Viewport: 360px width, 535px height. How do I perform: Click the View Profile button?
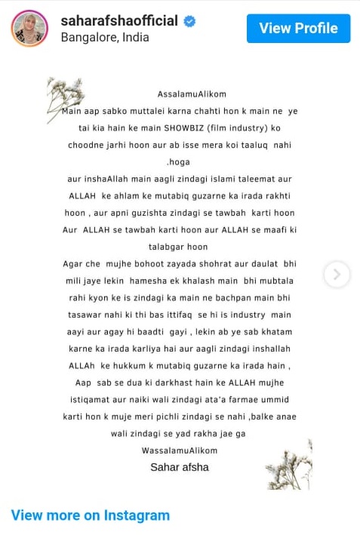pos(298,29)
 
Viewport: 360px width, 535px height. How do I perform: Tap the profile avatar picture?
pos(29,29)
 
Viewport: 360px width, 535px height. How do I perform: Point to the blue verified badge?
pos(190,21)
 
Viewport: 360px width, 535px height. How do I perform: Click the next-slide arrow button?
pos(337,273)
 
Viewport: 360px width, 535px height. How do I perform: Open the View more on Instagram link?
pos(90,515)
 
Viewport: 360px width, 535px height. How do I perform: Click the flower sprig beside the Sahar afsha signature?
pos(289,460)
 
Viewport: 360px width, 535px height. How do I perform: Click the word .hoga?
pos(179,161)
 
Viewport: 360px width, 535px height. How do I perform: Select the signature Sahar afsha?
pos(180,467)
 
